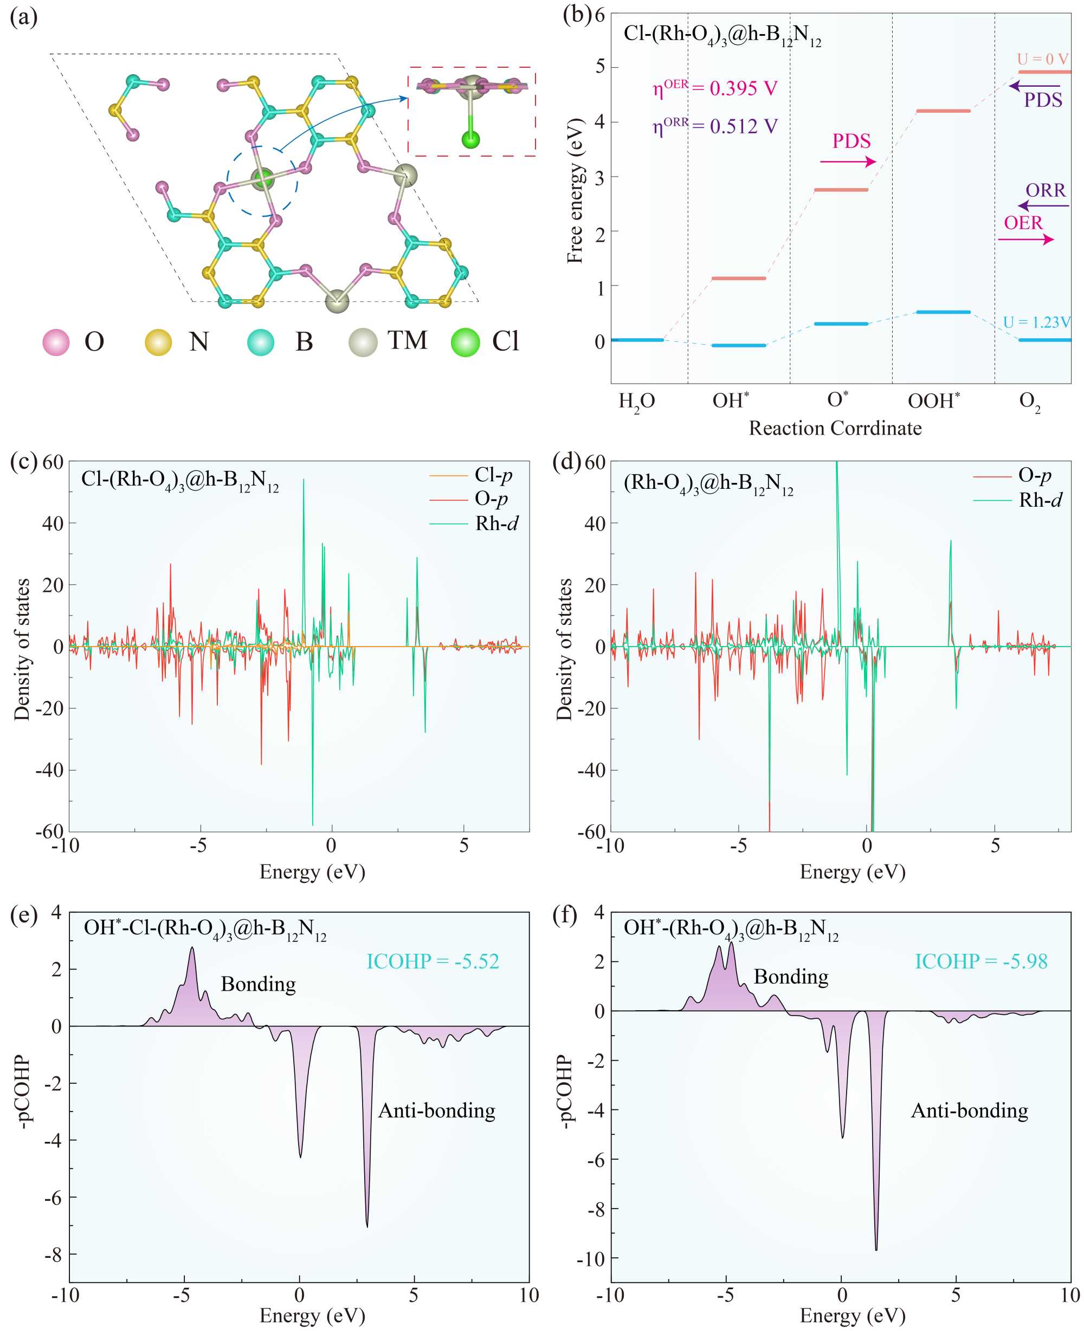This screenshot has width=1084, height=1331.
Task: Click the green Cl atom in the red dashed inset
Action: click(x=470, y=139)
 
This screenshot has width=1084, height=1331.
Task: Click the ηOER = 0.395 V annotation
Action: click(x=715, y=88)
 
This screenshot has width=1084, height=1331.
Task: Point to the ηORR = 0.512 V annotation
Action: click(x=715, y=126)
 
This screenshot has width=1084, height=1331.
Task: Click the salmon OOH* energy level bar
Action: click(x=934, y=111)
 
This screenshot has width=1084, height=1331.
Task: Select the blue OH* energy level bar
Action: click(x=739, y=345)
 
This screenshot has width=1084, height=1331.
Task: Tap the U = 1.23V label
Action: click(x=1036, y=322)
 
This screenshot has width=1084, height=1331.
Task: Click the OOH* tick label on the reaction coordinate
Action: click(x=933, y=400)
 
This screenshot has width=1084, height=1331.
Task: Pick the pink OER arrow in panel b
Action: click(x=1026, y=239)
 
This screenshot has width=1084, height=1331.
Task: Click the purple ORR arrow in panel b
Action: click(x=1043, y=205)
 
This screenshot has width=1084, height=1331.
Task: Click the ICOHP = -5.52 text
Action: click(x=433, y=961)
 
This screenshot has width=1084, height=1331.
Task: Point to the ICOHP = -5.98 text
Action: click(x=981, y=961)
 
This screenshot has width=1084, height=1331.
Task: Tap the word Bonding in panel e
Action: click(x=259, y=984)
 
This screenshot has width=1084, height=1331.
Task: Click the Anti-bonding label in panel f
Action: click(x=969, y=1110)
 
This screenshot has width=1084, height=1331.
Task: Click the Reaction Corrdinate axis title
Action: click(x=835, y=428)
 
